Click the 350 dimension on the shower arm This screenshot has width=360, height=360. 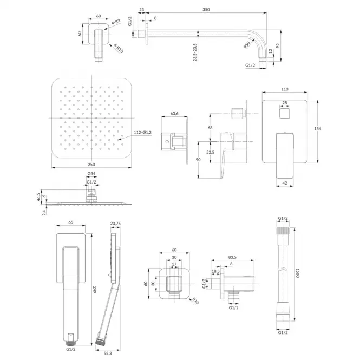[206, 10]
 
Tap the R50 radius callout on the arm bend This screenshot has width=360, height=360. [247, 45]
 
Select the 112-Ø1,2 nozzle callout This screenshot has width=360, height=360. [142, 133]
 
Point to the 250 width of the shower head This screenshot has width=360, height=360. [91, 165]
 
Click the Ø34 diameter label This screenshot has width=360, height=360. [91, 174]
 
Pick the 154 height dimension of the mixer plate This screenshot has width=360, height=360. [318, 129]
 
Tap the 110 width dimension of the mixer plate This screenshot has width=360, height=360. [284, 89]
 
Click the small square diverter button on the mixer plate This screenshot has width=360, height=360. [285, 114]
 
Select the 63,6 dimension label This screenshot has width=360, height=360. [174, 114]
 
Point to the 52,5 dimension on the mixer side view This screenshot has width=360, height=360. [210, 152]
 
